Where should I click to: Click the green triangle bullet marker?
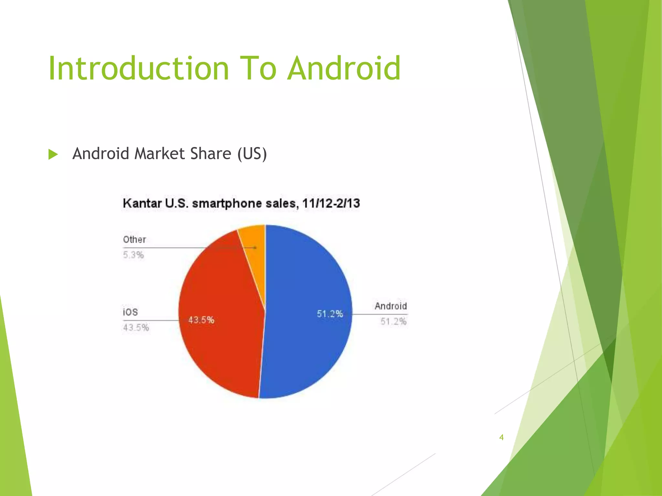click(53, 154)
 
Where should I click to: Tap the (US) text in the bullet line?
click(252, 154)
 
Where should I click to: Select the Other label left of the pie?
click(134, 240)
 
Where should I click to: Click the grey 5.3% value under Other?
click(133, 255)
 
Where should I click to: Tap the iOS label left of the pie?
click(130, 312)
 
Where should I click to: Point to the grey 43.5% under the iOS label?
click(136, 328)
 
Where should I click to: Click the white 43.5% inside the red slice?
click(201, 320)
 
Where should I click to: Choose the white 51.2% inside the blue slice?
click(330, 314)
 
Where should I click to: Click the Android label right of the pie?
click(390, 306)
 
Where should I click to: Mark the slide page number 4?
click(501, 438)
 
